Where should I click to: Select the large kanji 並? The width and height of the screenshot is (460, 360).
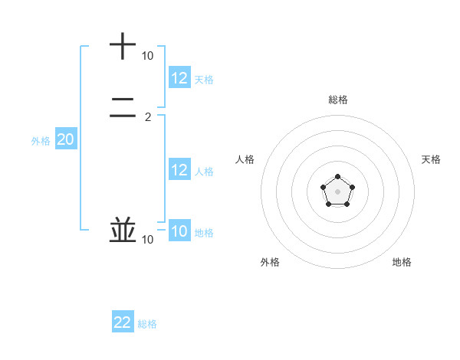123,230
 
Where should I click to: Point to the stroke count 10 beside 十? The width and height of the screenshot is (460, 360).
147,56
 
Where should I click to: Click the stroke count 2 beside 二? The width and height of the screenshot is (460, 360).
148,117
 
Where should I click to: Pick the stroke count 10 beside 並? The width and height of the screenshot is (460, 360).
147,240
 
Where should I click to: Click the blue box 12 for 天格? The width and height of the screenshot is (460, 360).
179,78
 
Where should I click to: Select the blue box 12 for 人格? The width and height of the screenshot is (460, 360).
179,170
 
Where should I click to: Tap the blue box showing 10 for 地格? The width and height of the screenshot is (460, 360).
179,231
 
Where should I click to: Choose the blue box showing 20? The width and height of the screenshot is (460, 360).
66,139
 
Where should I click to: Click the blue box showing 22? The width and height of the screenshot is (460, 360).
123,322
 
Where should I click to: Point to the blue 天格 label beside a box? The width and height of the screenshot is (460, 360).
204,80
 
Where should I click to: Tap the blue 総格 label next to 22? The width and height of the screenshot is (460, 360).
147,324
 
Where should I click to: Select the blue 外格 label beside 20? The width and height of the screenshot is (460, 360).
41,141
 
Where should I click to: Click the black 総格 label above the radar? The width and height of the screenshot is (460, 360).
338,100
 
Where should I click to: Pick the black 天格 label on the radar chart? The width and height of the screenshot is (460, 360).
431,159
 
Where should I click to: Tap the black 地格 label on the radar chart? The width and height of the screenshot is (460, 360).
402,262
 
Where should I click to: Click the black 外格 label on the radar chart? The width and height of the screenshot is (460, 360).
270,262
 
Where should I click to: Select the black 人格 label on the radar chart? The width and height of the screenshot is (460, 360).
245,159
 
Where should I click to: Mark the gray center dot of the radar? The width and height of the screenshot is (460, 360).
337,191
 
